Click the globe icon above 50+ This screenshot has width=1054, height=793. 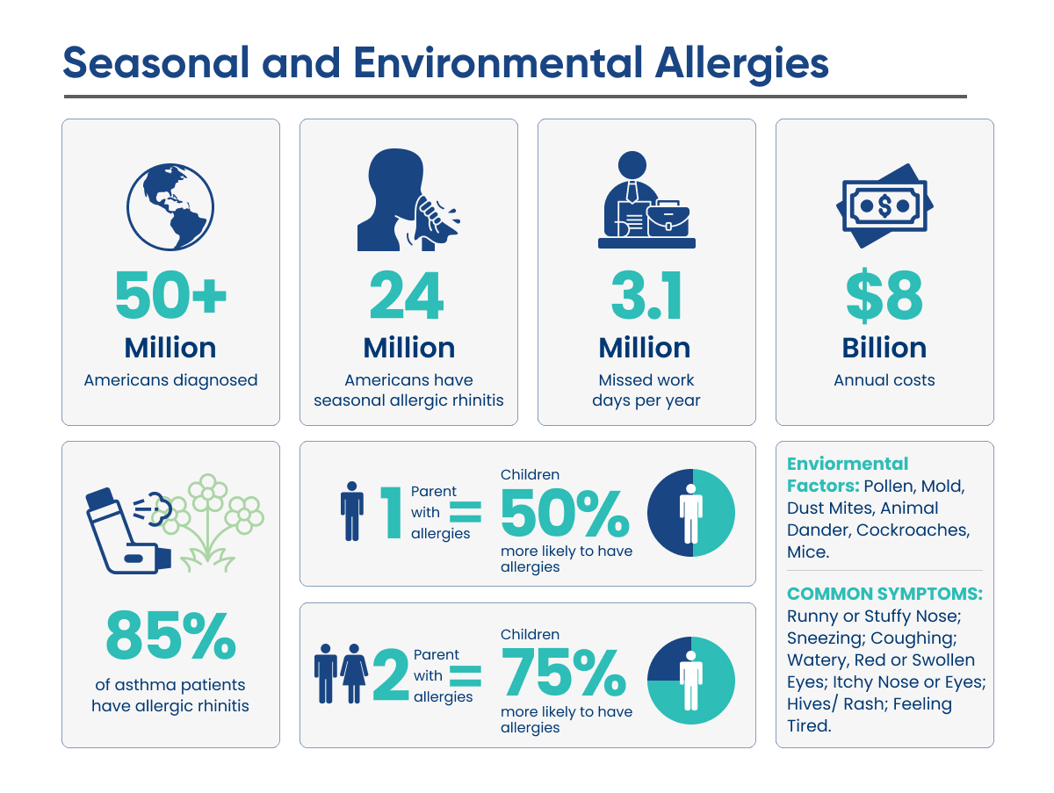[170, 207]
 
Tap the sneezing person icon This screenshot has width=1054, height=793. [408, 199]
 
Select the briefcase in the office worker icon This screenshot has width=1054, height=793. [668, 219]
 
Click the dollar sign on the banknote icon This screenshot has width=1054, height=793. [884, 205]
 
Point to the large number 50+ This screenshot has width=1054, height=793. [170, 294]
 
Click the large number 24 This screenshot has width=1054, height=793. [407, 295]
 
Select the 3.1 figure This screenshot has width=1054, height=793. [646, 295]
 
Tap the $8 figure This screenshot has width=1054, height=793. [884, 295]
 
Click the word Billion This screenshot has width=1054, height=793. [884, 348]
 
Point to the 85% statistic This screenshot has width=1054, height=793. [170, 635]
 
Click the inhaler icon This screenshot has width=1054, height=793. [128, 531]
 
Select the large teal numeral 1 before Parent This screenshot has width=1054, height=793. [392, 512]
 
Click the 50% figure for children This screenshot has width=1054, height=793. [564, 513]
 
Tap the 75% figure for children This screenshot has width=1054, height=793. [563, 672]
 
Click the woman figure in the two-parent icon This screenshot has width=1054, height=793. [354, 674]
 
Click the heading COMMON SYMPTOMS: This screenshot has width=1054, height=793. [884, 594]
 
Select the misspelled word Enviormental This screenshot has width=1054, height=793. [848, 464]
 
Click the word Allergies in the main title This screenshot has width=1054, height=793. [742, 63]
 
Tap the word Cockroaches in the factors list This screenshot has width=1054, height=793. [913, 530]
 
